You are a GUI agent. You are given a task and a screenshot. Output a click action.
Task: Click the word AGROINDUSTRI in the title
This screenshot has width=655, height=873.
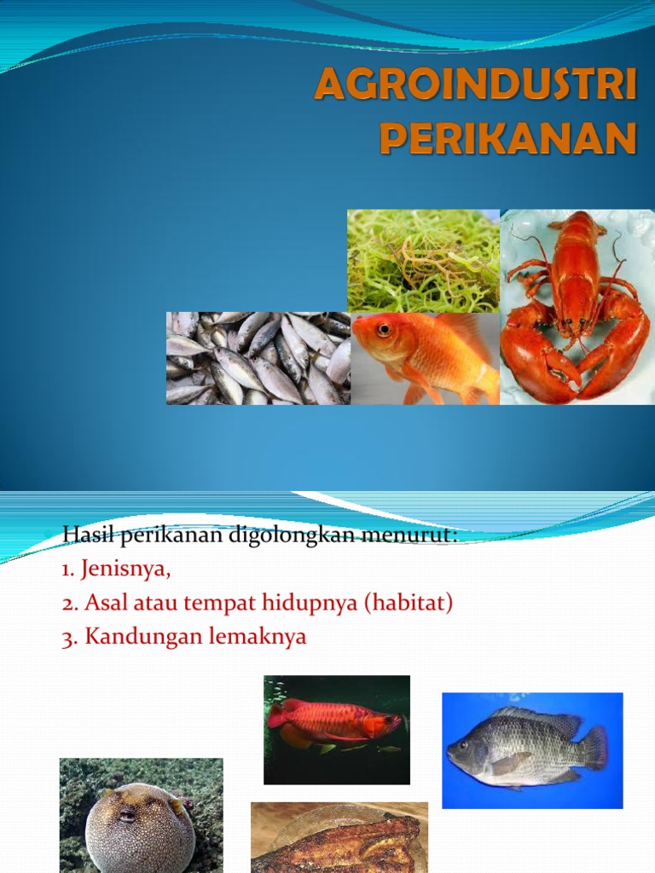click(476, 88)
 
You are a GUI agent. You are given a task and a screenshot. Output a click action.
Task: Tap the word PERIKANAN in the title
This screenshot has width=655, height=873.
click(508, 139)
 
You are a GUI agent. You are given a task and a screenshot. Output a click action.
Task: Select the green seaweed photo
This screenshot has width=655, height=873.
click(423, 260)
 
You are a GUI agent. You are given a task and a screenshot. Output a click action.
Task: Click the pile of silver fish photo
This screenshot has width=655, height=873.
click(258, 358)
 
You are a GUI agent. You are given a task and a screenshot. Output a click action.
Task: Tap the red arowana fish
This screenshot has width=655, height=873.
click(334, 723)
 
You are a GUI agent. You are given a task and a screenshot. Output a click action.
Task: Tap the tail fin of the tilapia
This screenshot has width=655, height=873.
click(594, 747)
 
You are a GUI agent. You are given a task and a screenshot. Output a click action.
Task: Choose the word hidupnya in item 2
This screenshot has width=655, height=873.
click(316, 604)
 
